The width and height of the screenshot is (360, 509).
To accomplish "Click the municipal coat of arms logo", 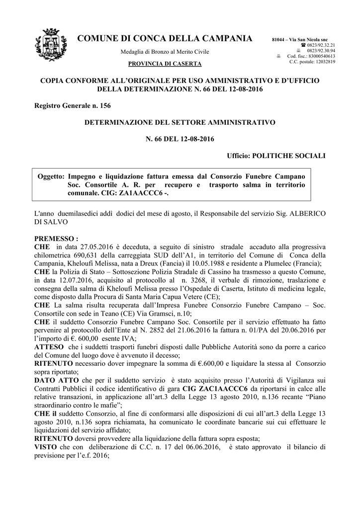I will [50, 48].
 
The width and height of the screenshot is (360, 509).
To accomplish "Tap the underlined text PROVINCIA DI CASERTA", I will [165, 64].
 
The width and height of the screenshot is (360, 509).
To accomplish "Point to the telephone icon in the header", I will [303, 45].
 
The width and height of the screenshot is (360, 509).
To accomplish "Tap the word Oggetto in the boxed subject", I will [51, 176].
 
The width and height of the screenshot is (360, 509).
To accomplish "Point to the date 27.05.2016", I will [89, 247].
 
